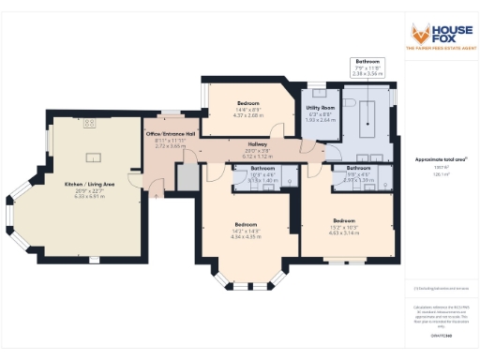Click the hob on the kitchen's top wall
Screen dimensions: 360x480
click(x=90, y=123)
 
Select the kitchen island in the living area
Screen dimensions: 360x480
click(x=94, y=157)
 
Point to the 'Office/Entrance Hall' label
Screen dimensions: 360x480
click(x=171, y=134)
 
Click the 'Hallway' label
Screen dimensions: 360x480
click(x=258, y=144)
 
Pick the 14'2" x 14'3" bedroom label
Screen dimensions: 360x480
click(x=247, y=226)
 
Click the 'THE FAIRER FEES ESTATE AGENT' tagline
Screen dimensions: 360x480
click(x=436, y=48)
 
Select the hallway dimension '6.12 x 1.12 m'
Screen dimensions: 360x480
click(x=258, y=157)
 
